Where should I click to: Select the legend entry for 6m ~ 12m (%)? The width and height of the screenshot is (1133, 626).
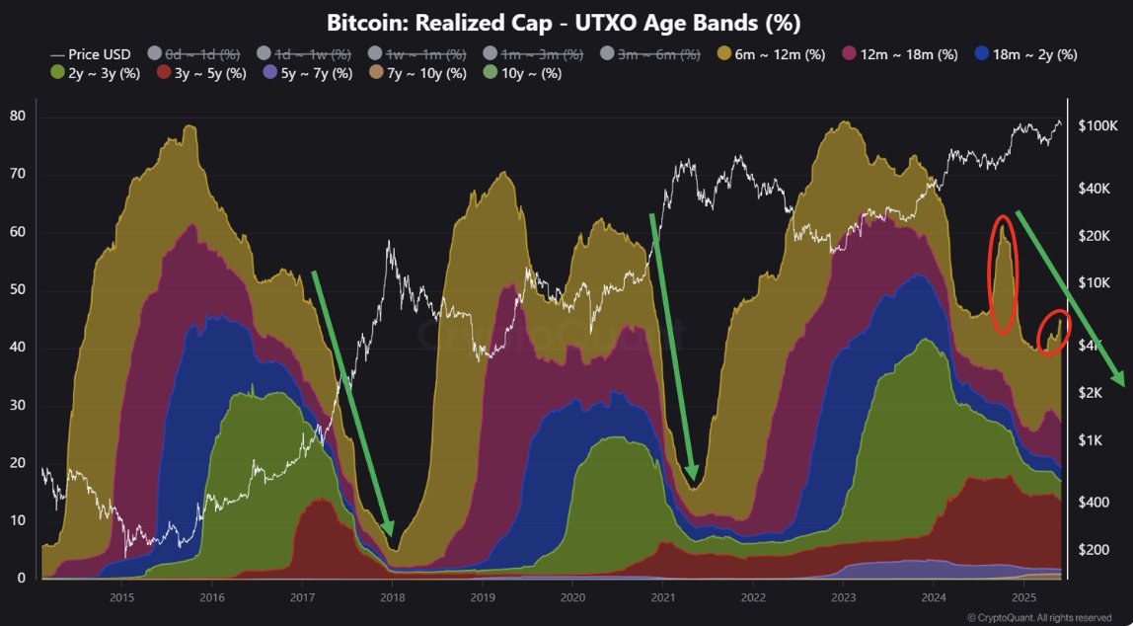tap(771, 54)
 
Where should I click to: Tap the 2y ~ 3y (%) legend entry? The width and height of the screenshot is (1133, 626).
tap(95, 73)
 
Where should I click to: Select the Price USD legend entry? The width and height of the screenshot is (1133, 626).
tap(90, 54)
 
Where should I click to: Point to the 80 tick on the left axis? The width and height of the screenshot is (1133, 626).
tap(18, 117)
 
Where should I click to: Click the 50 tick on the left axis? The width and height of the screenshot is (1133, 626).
tap(18, 290)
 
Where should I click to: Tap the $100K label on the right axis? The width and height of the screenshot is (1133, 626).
tap(1097, 126)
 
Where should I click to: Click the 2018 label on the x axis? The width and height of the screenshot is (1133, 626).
tap(393, 597)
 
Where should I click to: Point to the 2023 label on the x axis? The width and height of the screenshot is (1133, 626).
tap(844, 597)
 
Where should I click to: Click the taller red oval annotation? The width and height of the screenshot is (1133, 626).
tap(1003, 274)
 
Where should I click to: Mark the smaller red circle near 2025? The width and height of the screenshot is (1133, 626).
tap(1054, 333)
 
